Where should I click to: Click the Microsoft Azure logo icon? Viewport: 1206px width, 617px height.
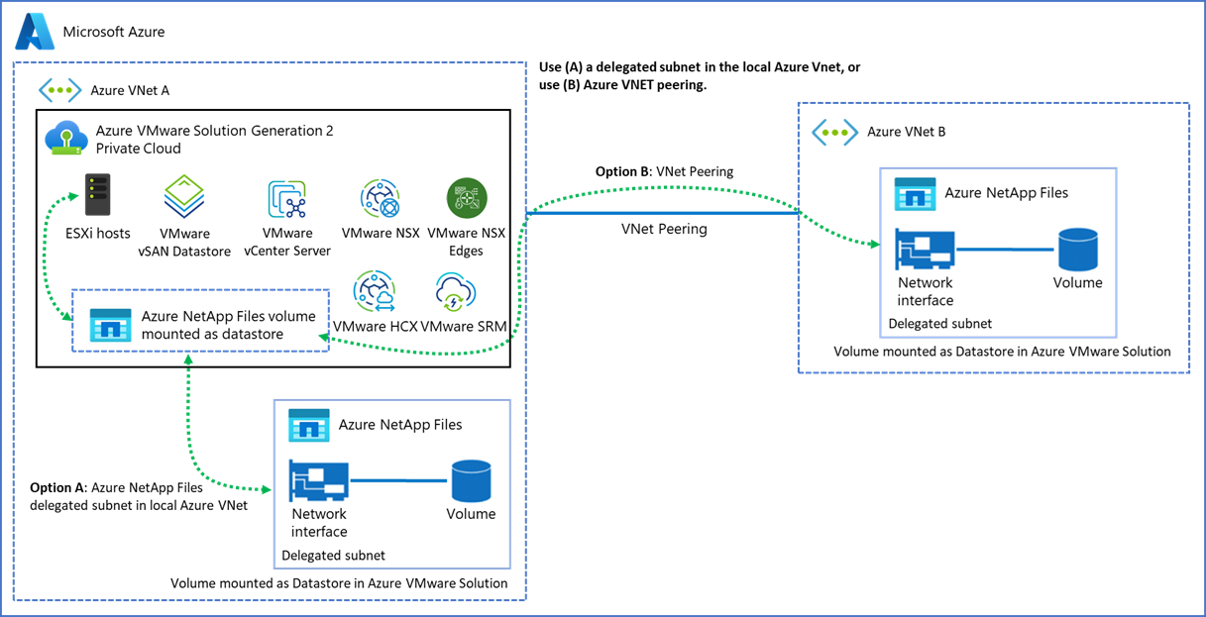pos(34,32)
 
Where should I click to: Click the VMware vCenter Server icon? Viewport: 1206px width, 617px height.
pos(287,199)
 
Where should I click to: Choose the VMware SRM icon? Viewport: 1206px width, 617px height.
pos(458,293)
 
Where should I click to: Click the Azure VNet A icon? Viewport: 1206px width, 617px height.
pos(59,90)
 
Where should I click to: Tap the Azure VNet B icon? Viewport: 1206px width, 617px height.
pos(833,132)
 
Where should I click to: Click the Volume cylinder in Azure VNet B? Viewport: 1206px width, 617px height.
pos(1077,249)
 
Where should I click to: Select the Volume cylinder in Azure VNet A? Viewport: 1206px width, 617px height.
pos(471,480)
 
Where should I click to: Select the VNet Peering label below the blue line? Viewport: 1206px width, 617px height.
pos(664,229)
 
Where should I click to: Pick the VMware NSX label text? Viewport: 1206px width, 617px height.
pos(381,235)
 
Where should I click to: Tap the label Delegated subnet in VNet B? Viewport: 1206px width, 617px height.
pos(939,323)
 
